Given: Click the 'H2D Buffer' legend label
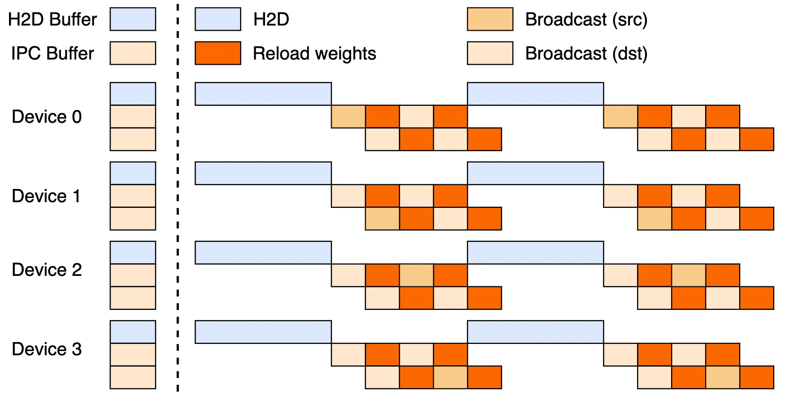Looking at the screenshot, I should (x=52, y=19).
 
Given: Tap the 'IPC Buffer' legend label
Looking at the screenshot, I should (x=52, y=53).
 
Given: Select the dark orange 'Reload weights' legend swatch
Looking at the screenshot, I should (x=218, y=53).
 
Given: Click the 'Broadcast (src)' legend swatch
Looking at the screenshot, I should (x=490, y=19).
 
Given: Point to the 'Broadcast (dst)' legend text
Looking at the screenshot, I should (x=586, y=53).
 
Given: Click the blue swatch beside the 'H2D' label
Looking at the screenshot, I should (x=218, y=19).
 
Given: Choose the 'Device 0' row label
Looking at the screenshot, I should (x=47, y=117).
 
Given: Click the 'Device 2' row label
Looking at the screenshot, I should (x=47, y=270).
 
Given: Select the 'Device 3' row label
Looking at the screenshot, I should (x=47, y=349).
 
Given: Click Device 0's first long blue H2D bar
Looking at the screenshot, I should (x=263, y=94).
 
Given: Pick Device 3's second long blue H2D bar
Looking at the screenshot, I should (x=535, y=332).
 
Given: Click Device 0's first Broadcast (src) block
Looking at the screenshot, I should (x=348, y=117).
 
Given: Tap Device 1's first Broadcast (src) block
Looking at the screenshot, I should (x=382, y=219).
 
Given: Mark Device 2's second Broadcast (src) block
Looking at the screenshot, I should (x=689, y=275).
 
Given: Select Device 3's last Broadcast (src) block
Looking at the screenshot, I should (x=723, y=377).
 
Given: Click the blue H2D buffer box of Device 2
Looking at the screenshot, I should (x=133, y=253).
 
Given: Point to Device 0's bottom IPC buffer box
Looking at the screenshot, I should (x=133, y=139).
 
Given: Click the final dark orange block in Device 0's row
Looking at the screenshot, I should (x=757, y=139).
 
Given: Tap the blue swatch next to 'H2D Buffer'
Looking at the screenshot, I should (x=133, y=19).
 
